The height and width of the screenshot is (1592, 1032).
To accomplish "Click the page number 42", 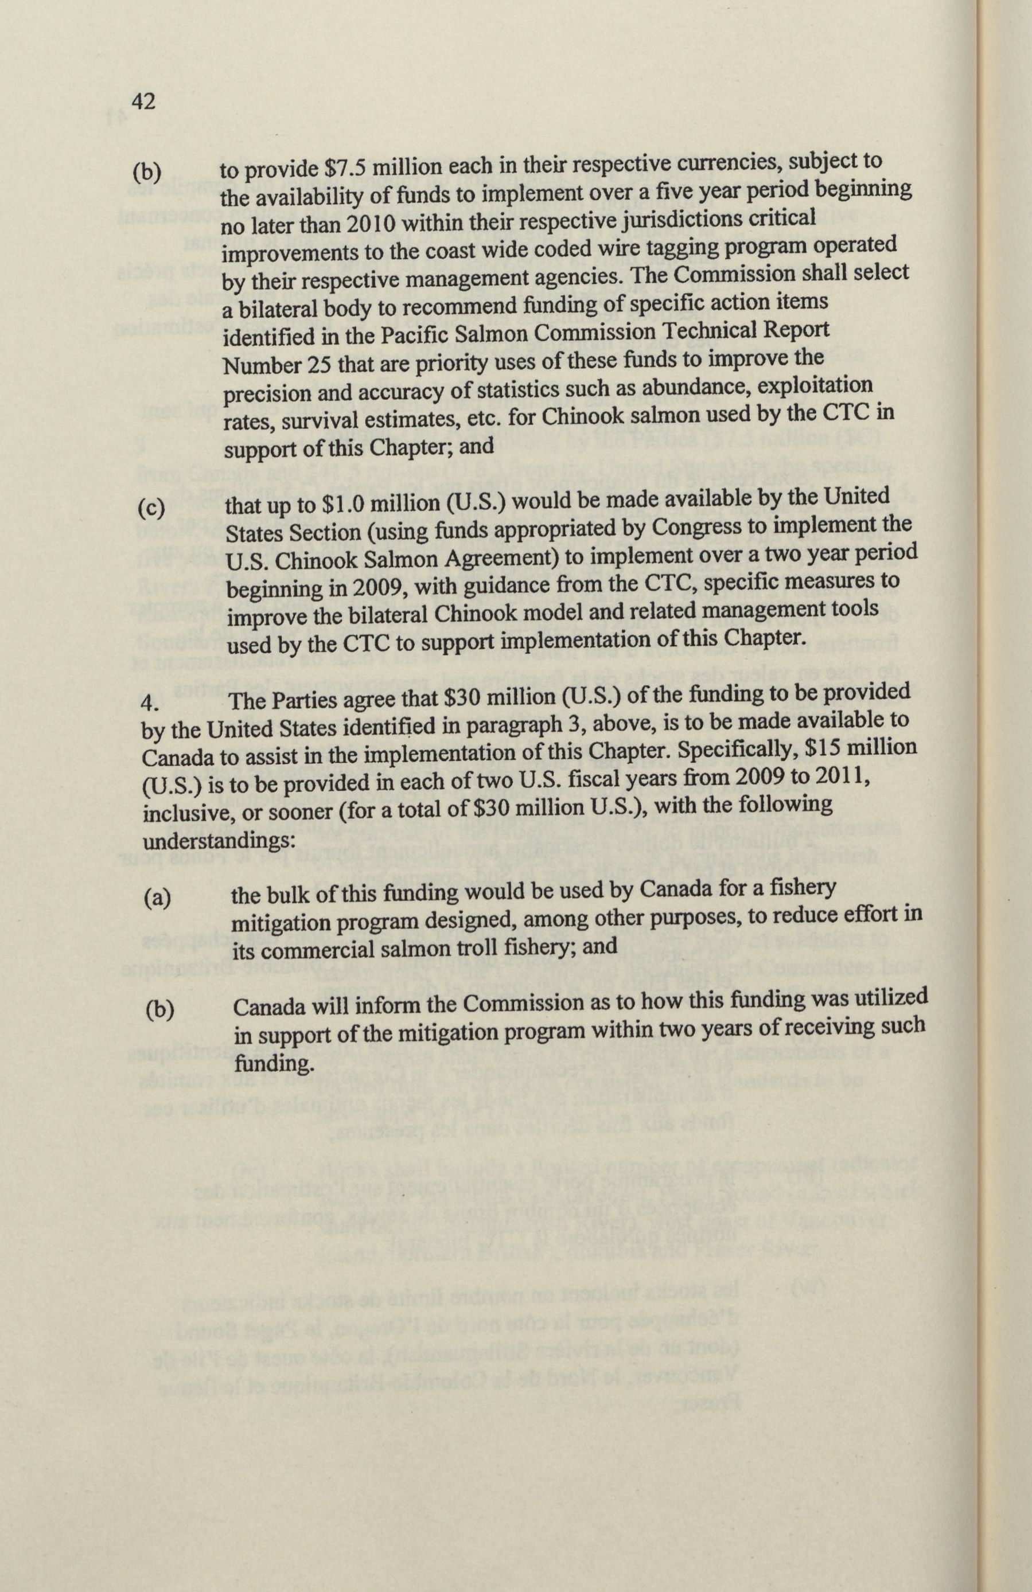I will (x=145, y=102).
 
